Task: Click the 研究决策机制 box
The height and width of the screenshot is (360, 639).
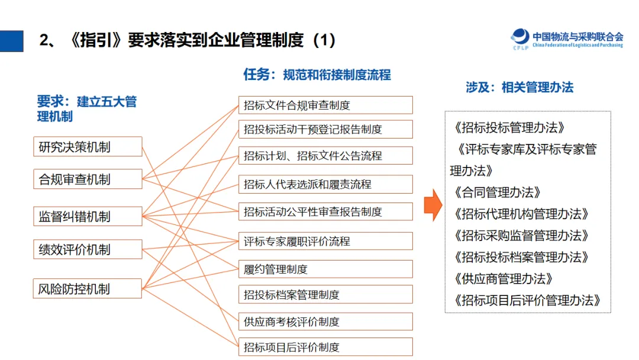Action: pyautogui.click(x=88, y=146)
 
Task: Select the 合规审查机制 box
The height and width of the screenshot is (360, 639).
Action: pyautogui.click(x=88, y=179)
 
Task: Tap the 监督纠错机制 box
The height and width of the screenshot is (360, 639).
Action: pyautogui.click(x=88, y=217)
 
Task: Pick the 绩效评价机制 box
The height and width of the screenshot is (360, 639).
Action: pyautogui.click(x=88, y=249)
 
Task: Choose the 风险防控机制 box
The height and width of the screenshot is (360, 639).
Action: pyautogui.click(x=88, y=289)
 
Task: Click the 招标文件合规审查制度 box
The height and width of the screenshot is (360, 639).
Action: pyautogui.click(x=325, y=105)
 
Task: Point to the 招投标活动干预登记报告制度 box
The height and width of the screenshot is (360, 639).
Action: pyautogui.click(x=325, y=129)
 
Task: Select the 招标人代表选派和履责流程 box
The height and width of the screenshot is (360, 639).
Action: pyautogui.click(x=325, y=185)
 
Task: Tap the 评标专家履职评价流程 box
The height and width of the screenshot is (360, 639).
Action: pyautogui.click(x=325, y=242)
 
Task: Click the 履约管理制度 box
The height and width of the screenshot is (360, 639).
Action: pyautogui.click(x=325, y=269)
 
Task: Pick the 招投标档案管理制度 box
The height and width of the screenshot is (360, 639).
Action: pyautogui.click(x=325, y=295)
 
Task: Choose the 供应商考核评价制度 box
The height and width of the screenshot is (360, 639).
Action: pyautogui.click(x=325, y=322)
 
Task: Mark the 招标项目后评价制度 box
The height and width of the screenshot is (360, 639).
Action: pyautogui.click(x=325, y=347)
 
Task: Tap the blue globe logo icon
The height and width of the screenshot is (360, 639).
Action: pyautogui.click(x=520, y=37)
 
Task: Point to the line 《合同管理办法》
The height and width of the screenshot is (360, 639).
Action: pyautogui.click(x=497, y=192)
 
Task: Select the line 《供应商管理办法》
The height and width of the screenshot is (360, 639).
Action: pyautogui.click(x=503, y=278)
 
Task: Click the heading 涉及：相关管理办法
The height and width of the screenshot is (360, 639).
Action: pyautogui.click(x=519, y=88)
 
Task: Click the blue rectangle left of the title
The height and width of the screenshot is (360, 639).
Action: pyautogui.click(x=11, y=41)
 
